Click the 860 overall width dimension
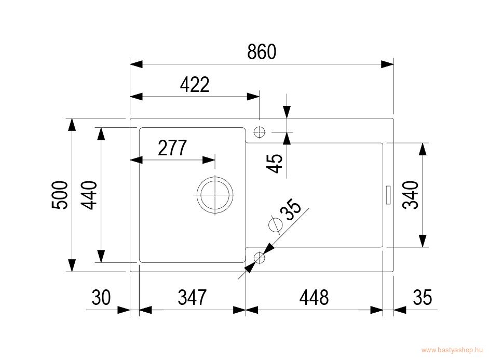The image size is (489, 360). (261, 52)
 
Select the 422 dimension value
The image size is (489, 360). (195, 84)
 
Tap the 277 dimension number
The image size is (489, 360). (172, 148)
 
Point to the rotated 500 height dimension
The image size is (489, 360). (60, 195)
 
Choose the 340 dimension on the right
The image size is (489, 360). (411, 195)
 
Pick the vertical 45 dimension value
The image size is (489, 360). (274, 164)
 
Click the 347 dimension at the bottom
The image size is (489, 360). (192, 297)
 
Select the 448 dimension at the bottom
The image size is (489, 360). (314, 297)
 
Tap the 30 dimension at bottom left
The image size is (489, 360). (101, 297)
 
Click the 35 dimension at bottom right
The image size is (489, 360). (423, 297)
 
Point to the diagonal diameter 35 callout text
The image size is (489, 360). (291, 210)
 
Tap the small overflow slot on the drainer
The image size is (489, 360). (388, 195)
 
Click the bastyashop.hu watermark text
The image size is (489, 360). (452, 350)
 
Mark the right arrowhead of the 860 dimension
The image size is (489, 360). (387, 64)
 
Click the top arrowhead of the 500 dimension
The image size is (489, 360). (72, 125)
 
